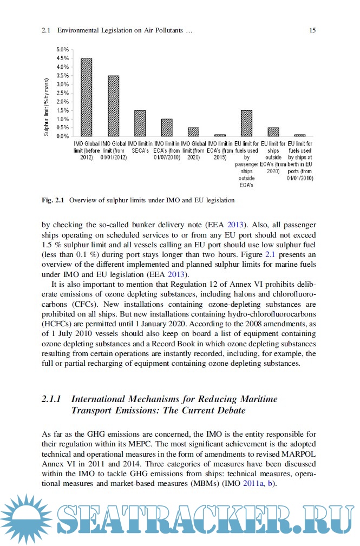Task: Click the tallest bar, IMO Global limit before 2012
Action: (x=86, y=97)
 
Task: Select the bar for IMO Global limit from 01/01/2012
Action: (x=113, y=106)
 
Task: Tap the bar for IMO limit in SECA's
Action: (x=140, y=123)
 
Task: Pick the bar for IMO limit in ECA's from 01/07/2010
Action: (x=167, y=128)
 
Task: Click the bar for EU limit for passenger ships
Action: (x=246, y=123)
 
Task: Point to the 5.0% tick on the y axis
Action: (x=62, y=50)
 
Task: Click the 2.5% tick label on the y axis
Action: (x=62, y=93)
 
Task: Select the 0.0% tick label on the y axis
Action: (x=62, y=136)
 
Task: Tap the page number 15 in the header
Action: (x=312, y=31)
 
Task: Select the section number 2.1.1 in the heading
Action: (x=52, y=399)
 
